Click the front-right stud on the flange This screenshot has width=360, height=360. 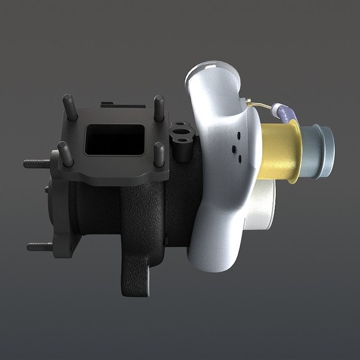coord(160,155)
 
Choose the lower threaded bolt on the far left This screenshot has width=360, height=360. coord(40,245)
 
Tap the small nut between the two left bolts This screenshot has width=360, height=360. coord(47,188)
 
